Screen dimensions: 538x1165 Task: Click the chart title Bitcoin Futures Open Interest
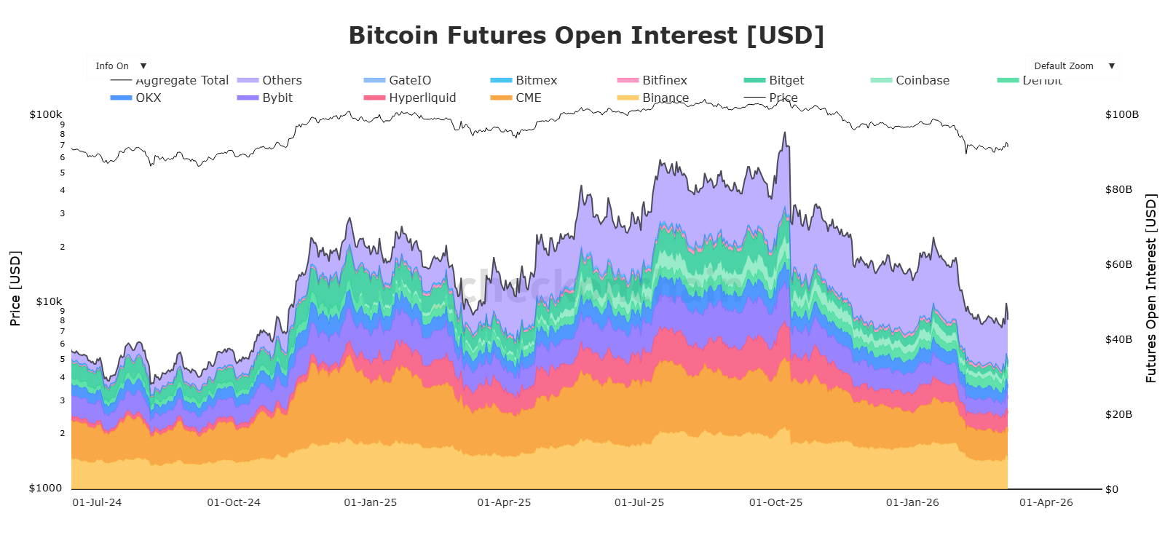click(586, 35)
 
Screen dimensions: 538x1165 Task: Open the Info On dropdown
click(119, 66)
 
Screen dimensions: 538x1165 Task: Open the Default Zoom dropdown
click(1073, 66)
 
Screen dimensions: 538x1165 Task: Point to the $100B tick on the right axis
click(1121, 114)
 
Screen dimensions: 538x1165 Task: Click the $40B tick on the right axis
click(1118, 339)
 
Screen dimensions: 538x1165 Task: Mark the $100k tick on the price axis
click(46, 114)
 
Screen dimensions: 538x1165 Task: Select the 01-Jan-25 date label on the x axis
click(371, 502)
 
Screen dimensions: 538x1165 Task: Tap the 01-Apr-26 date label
click(1046, 502)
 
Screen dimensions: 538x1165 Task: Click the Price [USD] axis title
click(15, 288)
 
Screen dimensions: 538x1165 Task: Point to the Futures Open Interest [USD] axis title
click(1151, 288)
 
